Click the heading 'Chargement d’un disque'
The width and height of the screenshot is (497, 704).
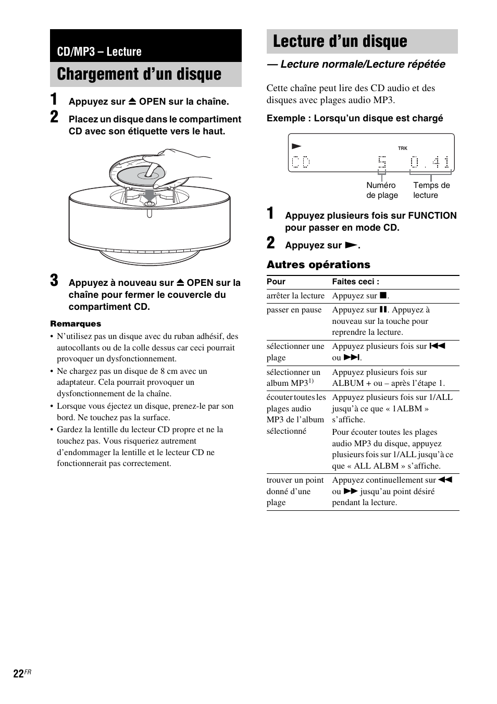point(139,74)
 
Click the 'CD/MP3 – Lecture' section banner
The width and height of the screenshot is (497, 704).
point(100,52)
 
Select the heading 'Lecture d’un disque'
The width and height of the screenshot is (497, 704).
point(340,42)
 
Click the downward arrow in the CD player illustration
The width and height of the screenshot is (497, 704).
point(150,195)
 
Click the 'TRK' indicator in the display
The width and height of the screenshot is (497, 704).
point(402,148)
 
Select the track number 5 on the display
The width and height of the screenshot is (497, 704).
point(382,162)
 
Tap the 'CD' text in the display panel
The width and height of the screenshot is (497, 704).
point(301,162)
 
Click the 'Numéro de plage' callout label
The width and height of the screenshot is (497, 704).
point(381,190)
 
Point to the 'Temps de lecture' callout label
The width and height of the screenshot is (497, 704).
point(431,190)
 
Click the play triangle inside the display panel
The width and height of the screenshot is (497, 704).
point(296,147)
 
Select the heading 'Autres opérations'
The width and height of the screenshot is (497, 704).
point(318,265)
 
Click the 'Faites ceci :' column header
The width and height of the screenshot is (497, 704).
point(356,282)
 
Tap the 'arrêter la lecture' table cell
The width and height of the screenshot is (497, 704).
point(295,296)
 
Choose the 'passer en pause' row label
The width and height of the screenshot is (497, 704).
point(294,310)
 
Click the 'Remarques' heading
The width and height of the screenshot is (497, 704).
point(76,323)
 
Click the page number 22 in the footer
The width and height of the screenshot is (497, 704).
point(18,674)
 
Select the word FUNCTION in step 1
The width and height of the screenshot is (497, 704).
point(432,216)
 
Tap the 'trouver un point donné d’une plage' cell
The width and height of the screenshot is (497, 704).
point(295,491)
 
